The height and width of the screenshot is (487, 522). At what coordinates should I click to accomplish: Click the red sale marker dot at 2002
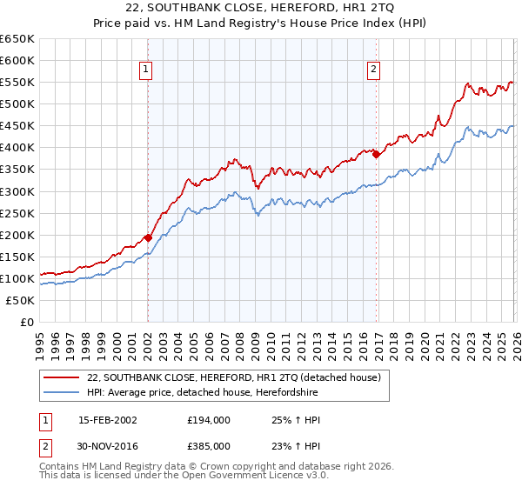[x=148, y=237]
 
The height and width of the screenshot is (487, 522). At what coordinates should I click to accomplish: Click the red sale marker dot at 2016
[x=377, y=154]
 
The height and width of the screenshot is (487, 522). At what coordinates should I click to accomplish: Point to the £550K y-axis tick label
[x=17, y=82]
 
